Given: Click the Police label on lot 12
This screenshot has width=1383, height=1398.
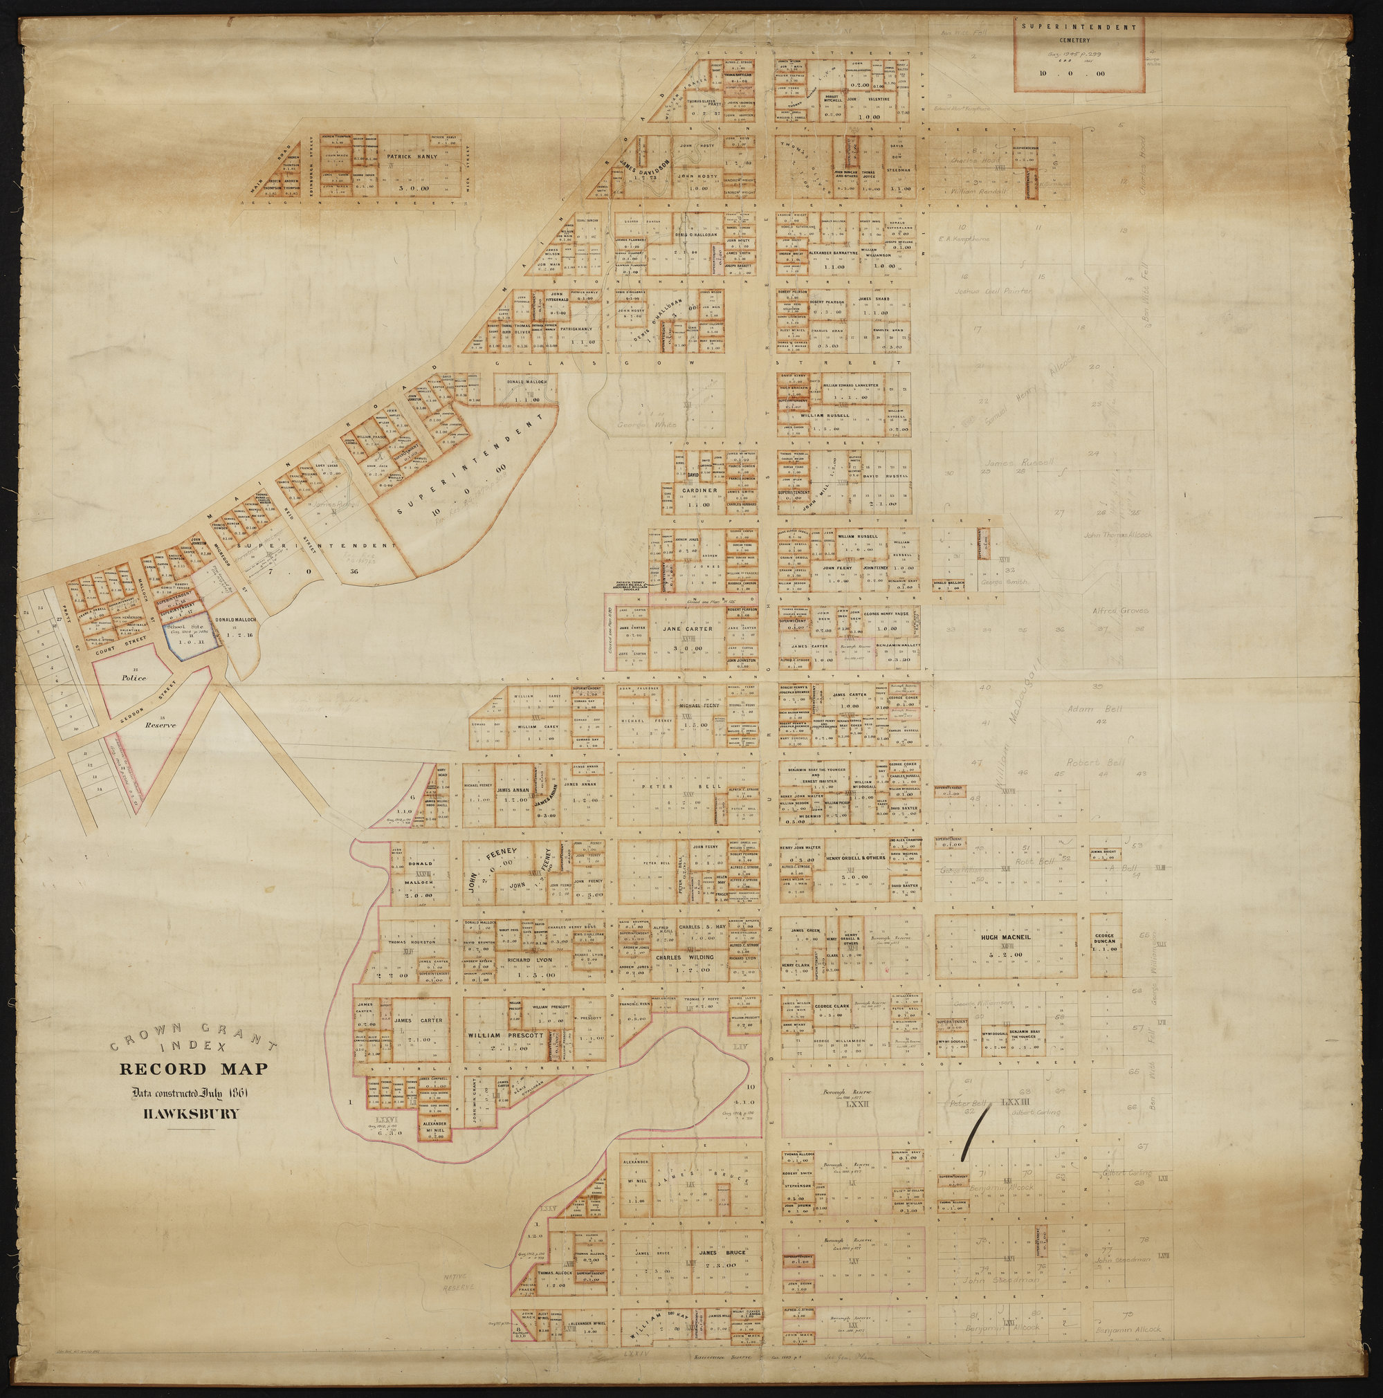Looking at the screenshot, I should (x=134, y=678).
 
